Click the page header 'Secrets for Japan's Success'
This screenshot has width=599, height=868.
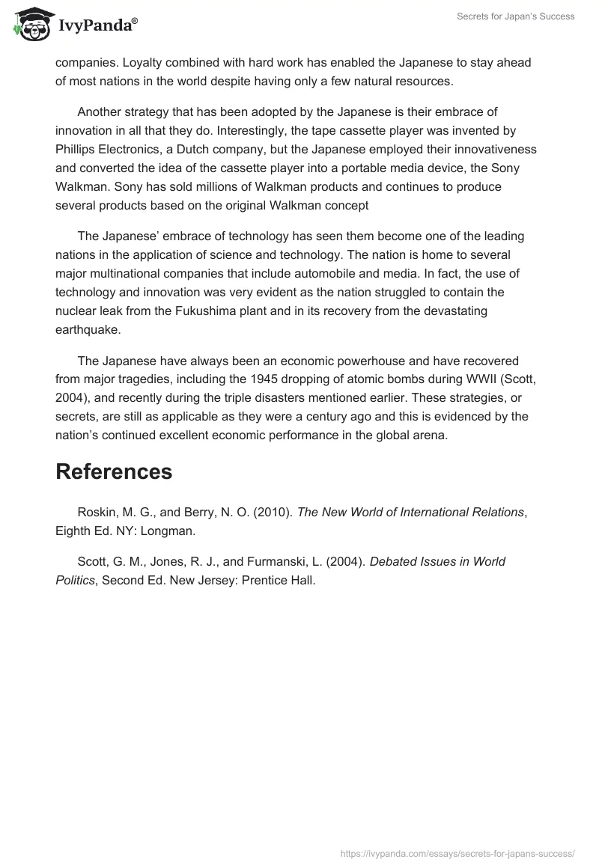tap(516, 16)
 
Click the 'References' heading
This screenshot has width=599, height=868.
tap(114, 471)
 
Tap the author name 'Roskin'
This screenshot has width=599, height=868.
tap(97, 513)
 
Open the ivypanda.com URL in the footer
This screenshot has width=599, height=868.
tap(457, 852)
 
